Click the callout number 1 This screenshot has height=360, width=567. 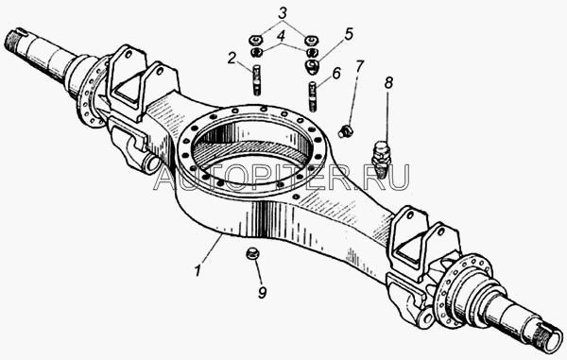198,271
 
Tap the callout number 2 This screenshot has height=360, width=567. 232,58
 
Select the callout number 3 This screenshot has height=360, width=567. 283,13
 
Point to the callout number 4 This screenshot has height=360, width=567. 282,36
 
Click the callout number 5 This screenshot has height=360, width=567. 349,34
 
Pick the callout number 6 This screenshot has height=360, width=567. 336,74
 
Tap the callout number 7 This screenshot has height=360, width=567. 359,66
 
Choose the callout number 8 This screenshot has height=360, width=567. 388,83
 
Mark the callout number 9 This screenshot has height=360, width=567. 262,292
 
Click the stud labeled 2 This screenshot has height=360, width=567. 256,79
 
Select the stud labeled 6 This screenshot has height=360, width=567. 313,96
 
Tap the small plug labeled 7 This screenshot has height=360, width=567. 346,130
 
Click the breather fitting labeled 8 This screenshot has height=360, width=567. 381,159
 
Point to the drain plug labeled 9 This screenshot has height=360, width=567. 251,253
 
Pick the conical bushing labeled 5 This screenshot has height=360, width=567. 311,67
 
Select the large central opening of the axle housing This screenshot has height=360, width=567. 252,144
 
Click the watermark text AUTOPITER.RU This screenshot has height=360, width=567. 283,177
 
